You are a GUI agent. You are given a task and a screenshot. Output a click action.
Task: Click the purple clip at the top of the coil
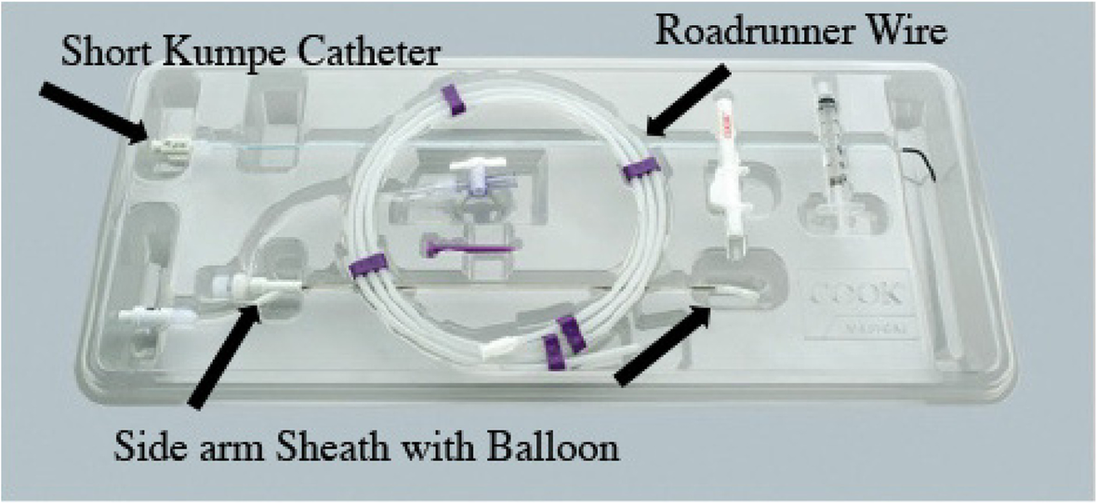[453, 99]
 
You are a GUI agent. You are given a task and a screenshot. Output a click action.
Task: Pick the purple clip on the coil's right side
[641, 168]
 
